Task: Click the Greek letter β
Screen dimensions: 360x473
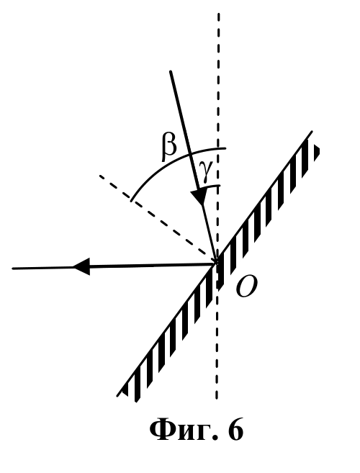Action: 168,147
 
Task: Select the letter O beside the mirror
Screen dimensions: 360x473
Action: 246,287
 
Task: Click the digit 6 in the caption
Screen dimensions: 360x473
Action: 235,431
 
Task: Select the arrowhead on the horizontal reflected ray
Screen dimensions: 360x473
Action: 81,266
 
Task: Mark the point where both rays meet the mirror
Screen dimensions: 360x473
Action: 216,263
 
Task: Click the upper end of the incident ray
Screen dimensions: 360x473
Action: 171,72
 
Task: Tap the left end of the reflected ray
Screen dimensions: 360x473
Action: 13,268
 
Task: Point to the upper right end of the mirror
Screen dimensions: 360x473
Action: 312,132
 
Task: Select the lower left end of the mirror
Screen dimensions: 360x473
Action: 117,395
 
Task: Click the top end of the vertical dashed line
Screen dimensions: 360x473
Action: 218,14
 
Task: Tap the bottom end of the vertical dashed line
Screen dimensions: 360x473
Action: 217,399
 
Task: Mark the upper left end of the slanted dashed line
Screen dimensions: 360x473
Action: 100,175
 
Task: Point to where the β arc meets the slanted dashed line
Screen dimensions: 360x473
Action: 130,200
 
